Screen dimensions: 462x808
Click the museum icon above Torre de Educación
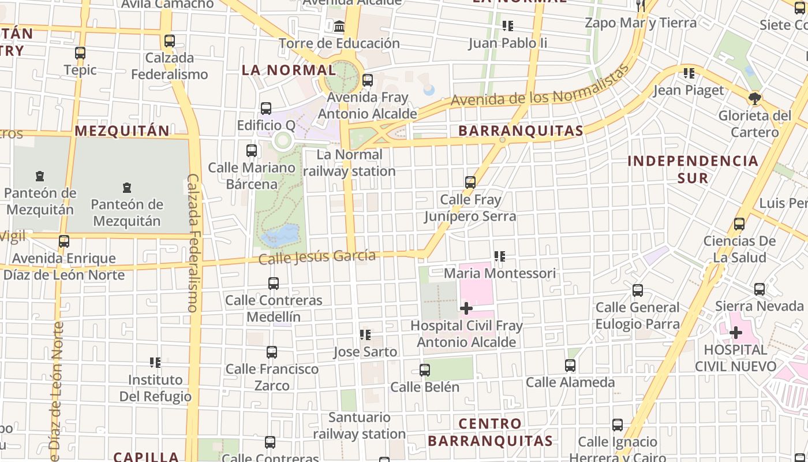pyautogui.click(x=339, y=27)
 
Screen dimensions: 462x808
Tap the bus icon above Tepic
pyautogui.click(x=80, y=53)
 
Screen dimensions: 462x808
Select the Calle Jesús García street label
pyautogui.click(x=317, y=256)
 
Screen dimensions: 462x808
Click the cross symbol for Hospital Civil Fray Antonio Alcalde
pyautogui.click(x=466, y=308)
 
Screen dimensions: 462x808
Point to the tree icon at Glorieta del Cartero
pyautogui.click(x=754, y=98)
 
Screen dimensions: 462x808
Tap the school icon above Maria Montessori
pyautogui.click(x=500, y=256)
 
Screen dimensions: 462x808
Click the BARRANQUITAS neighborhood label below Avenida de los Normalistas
pyautogui.click(x=521, y=131)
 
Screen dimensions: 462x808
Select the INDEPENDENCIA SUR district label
pyautogui.click(x=693, y=169)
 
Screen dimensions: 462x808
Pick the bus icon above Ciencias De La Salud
pyautogui.click(x=739, y=224)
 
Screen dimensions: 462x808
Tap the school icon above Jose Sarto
pyautogui.click(x=365, y=335)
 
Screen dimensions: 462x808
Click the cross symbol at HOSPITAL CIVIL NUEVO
pyautogui.click(x=735, y=333)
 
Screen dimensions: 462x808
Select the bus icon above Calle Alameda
pyautogui.click(x=570, y=366)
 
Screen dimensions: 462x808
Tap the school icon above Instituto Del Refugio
pyautogui.click(x=155, y=363)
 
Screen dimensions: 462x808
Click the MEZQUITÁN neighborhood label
pyautogui.click(x=122, y=131)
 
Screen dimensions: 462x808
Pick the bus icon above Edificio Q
pyautogui.click(x=266, y=109)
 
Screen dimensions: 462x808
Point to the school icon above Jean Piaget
pyautogui.click(x=689, y=73)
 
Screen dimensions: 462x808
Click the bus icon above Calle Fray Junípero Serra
pyautogui.click(x=470, y=183)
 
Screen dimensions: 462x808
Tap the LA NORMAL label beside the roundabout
pyautogui.click(x=289, y=70)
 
